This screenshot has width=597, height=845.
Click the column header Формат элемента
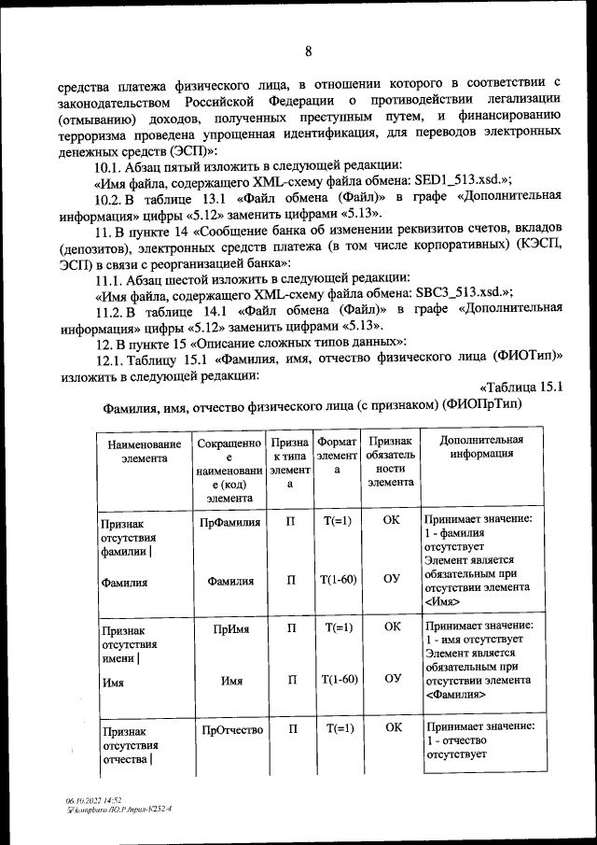coord(337,454)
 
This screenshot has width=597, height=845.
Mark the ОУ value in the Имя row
coord(392,679)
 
